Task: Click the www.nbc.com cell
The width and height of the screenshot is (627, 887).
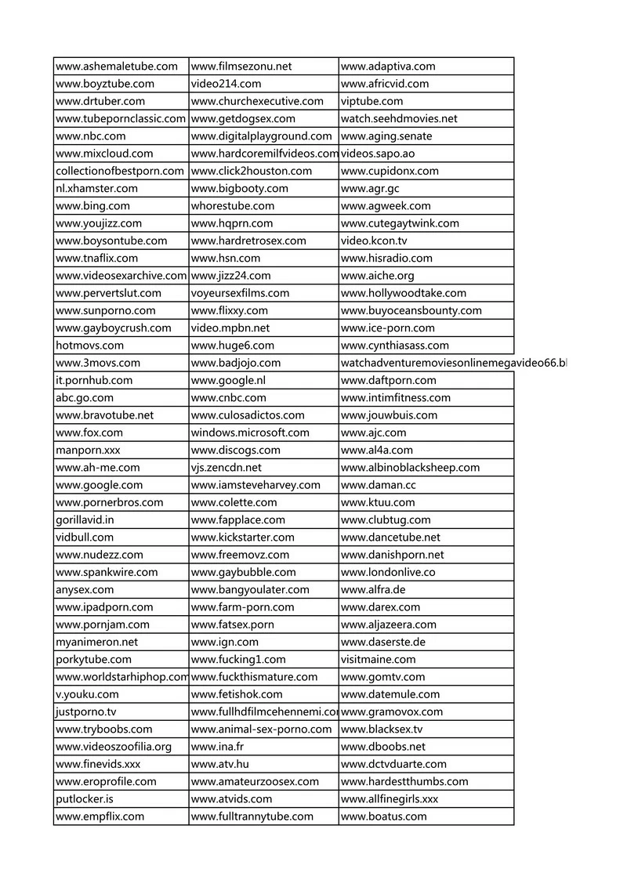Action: click(x=80, y=136)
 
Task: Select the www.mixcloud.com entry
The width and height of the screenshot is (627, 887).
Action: click(x=105, y=154)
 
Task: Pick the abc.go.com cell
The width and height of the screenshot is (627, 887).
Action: click(x=85, y=398)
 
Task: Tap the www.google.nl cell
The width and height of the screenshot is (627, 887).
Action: click(x=229, y=381)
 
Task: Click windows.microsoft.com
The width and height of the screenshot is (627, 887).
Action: click(x=250, y=433)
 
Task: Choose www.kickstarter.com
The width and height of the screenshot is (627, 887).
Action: click(x=243, y=538)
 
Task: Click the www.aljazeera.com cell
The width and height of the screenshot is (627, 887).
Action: click(x=389, y=625)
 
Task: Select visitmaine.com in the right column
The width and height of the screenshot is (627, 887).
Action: click(x=379, y=660)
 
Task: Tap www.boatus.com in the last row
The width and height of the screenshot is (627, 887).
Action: click(x=384, y=816)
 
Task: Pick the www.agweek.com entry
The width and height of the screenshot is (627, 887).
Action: click(x=386, y=206)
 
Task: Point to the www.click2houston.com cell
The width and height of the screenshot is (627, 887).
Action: click(x=252, y=171)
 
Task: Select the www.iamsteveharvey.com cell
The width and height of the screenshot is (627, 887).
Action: click(x=256, y=485)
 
